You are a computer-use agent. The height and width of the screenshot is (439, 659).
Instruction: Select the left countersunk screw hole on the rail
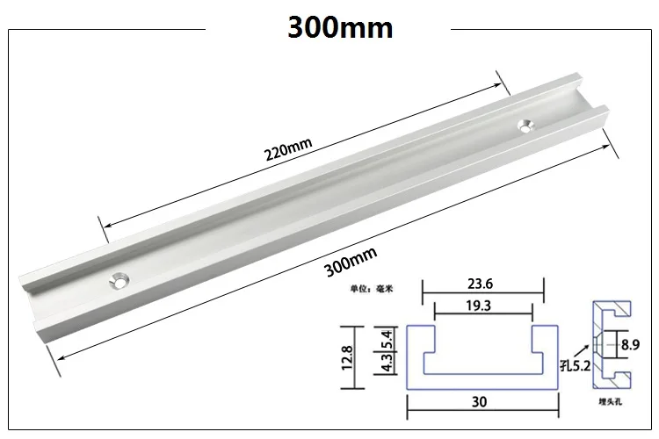tap(116, 281)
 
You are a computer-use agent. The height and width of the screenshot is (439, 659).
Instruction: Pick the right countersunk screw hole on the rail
tap(526, 126)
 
